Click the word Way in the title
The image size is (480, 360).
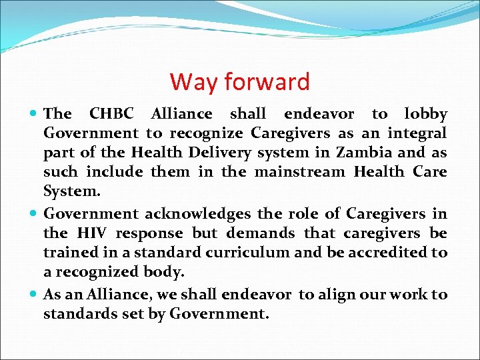pos(194,82)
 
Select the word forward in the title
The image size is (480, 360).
pos(267,82)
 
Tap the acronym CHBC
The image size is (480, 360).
pos(111,115)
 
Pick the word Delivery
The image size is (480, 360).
pos(201,153)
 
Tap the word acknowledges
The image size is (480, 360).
pos(197,214)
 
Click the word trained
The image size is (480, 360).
pos(68,253)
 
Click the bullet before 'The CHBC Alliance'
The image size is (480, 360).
pos(34,115)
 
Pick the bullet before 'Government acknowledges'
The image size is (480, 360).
pos(34,214)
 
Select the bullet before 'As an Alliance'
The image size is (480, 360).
pos(34,295)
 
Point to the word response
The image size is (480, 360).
pos(150,234)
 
